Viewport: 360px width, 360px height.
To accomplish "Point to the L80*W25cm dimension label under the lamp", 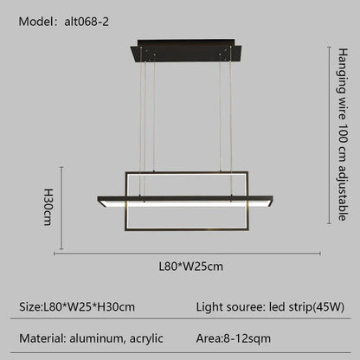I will (x=191, y=266).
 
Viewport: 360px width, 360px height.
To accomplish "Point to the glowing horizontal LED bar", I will (x=186, y=202).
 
